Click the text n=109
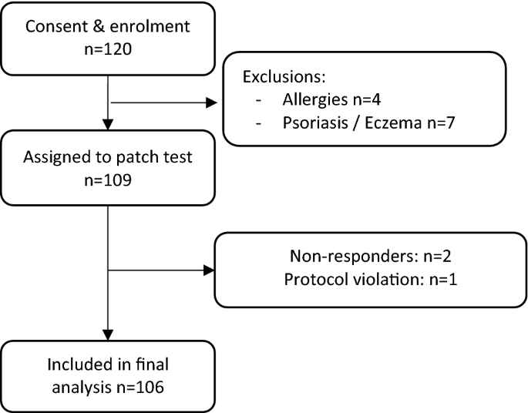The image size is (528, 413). click(107, 184)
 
